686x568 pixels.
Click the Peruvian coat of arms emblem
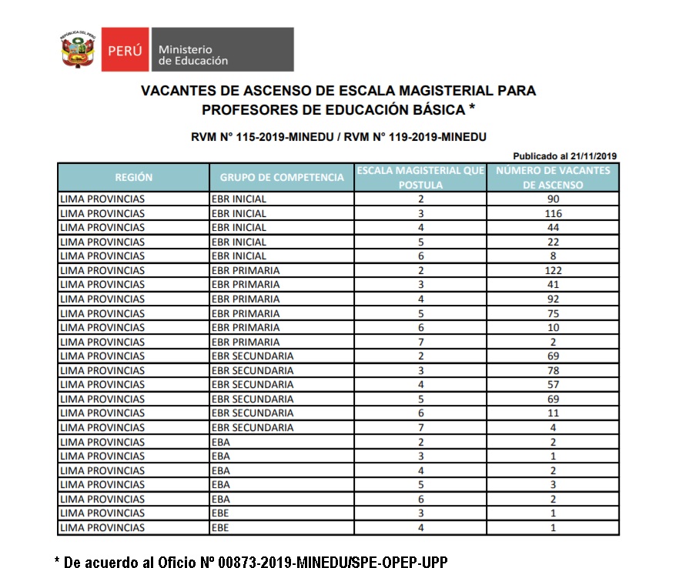pyautogui.click(x=79, y=50)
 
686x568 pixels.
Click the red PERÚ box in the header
pyautogui.click(x=124, y=50)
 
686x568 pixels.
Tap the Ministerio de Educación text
pyautogui.click(x=192, y=55)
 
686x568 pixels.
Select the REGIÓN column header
pyautogui.click(x=133, y=177)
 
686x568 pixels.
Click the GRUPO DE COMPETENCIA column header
pyautogui.click(x=282, y=177)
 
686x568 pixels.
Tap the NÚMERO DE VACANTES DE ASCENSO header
pyautogui.click(x=553, y=177)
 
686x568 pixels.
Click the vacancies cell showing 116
pyautogui.click(x=553, y=213)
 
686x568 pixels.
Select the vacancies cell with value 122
pyautogui.click(x=553, y=270)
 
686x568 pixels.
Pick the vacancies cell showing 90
pyautogui.click(x=553, y=199)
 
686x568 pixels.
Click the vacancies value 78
pyautogui.click(x=553, y=370)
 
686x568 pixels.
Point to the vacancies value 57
pyautogui.click(x=553, y=384)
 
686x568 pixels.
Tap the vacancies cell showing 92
pyautogui.click(x=553, y=299)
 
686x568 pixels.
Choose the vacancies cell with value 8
pyautogui.click(x=553, y=256)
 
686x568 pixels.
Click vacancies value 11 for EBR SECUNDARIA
pyautogui.click(x=553, y=413)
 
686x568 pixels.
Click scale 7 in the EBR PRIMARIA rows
pyautogui.click(x=420, y=342)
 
